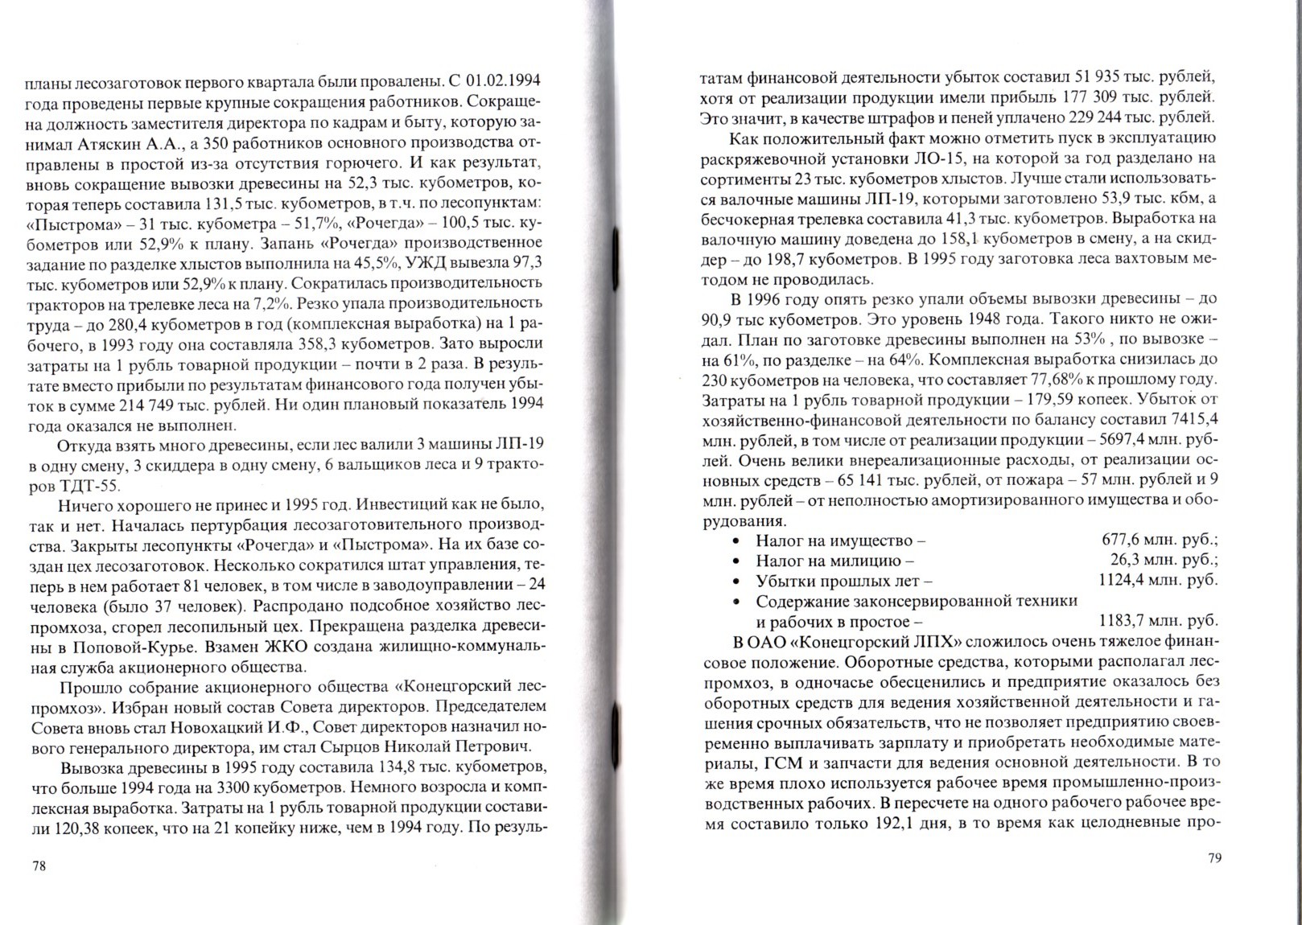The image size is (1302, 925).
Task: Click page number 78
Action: (x=39, y=865)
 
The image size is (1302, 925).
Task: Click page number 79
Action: (x=1215, y=857)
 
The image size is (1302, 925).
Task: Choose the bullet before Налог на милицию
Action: (x=735, y=561)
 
